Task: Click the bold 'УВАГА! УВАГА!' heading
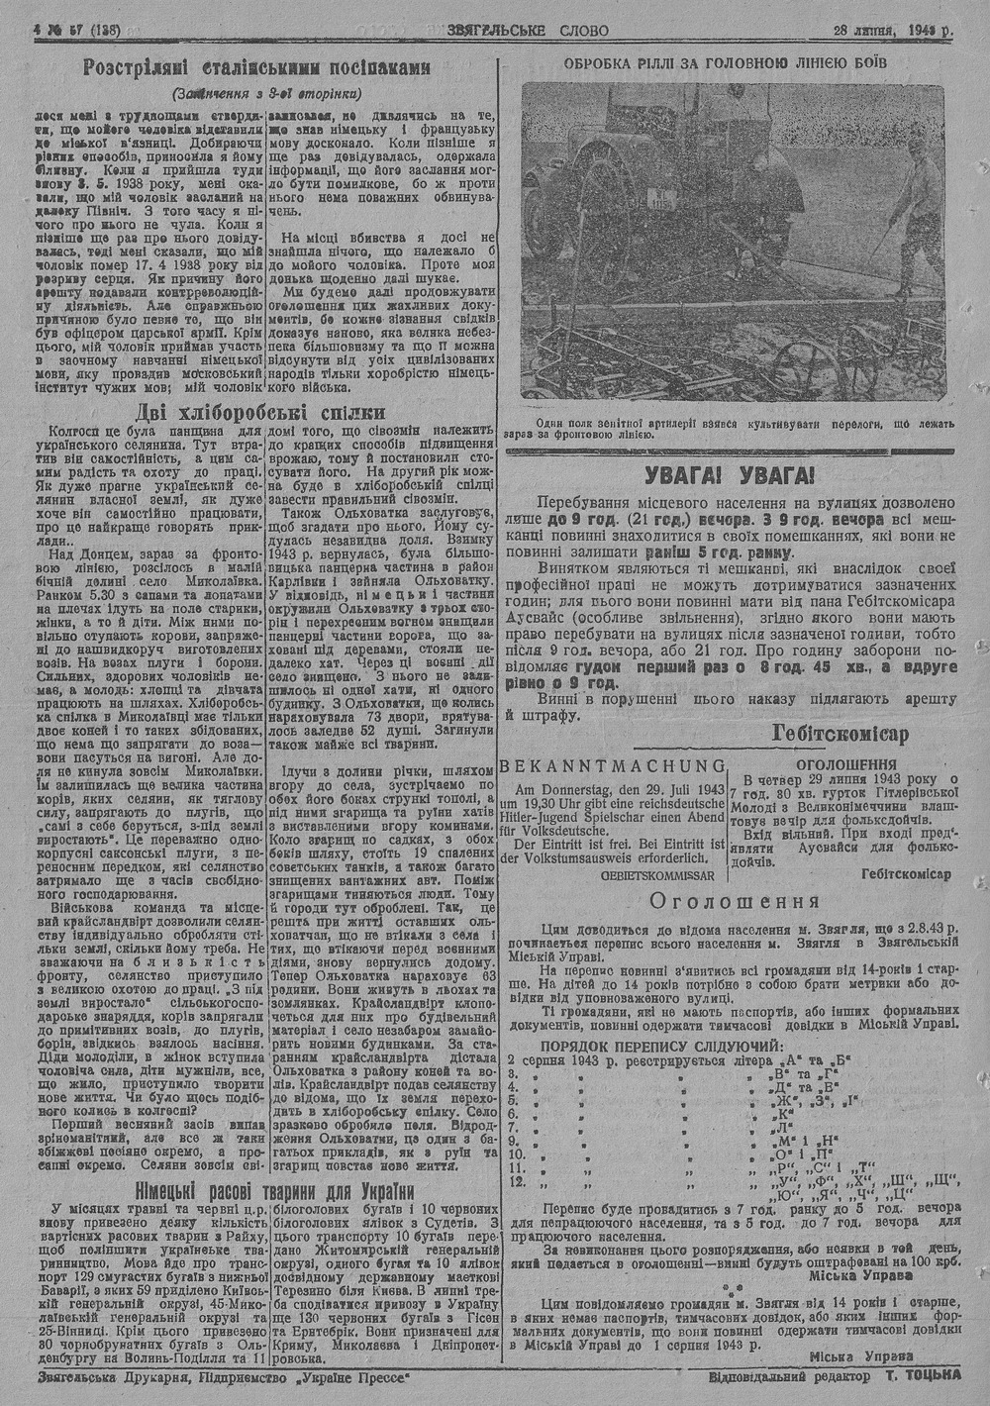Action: pos(730,474)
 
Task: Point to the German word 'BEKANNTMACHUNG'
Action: pos(613,765)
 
